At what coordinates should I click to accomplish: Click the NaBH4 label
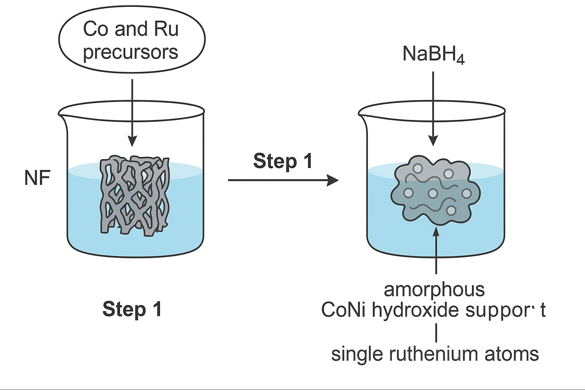tap(433, 55)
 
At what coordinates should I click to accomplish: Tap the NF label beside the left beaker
tap(37, 177)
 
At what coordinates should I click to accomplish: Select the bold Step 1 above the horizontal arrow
tap(283, 161)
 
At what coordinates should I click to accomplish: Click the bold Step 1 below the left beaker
tap(132, 309)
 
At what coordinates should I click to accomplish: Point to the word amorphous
tap(434, 290)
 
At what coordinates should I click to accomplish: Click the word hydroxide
tap(415, 310)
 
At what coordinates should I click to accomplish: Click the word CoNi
tap(344, 310)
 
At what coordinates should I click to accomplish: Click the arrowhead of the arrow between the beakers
tap(333, 180)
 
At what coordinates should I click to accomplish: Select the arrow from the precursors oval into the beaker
tap(133, 113)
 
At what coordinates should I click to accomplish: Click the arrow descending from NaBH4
tap(433, 109)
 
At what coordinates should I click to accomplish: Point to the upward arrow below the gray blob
tap(436, 250)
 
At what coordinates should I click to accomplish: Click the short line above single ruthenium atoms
tap(436, 332)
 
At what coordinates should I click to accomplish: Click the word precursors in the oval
tap(131, 52)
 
